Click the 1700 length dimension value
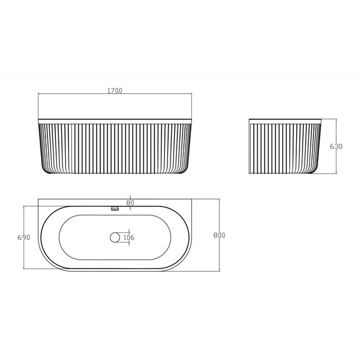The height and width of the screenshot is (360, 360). (114, 90)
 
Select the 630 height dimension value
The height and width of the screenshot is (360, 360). (336, 147)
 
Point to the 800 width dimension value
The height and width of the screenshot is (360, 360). (219, 236)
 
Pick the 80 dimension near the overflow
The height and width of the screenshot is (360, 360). (129, 203)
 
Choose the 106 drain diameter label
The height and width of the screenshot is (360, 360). (129, 237)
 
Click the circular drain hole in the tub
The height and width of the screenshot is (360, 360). (115, 237)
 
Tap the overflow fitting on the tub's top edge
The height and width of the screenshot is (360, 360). (115, 207)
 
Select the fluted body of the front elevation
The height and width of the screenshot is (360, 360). (115, 148)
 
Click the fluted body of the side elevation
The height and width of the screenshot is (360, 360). (284, 148)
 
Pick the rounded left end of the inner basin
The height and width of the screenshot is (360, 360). (61, 237)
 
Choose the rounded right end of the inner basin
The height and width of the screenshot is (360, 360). (169, 237)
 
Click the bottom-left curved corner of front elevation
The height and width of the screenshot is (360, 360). (43, 169)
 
